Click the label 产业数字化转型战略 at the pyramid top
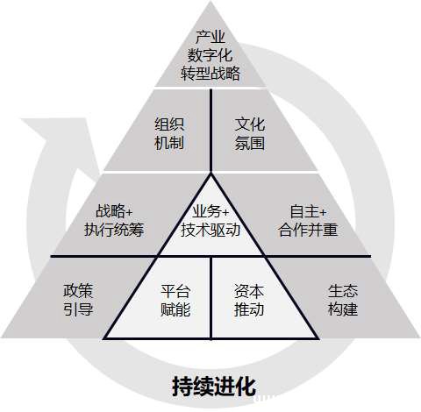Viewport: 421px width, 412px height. (210, 55)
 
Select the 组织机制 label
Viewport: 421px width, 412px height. (169, 133)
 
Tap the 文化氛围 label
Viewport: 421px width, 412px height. (250, 133)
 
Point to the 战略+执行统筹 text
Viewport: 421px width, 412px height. (114, 220)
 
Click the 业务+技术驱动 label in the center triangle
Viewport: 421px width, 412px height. (210, 220)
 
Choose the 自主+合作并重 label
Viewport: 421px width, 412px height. (308, 220)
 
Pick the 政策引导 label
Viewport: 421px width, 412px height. (78, 300)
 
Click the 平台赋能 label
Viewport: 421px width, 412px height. (175, 300)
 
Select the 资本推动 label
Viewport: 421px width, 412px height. (249, 300)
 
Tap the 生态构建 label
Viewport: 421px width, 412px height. (343, 300)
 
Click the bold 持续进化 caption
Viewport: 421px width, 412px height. (214, 387)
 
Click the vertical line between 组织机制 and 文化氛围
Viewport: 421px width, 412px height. (210, 130)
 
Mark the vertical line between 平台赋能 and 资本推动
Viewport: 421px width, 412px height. (210, 298)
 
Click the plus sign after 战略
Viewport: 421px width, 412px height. (129, 212)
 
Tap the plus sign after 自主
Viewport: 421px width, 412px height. (322, 212)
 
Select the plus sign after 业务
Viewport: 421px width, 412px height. (225, 212)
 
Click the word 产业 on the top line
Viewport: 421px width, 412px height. (210, 37)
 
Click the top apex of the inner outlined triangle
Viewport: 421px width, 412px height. (210, 174)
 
